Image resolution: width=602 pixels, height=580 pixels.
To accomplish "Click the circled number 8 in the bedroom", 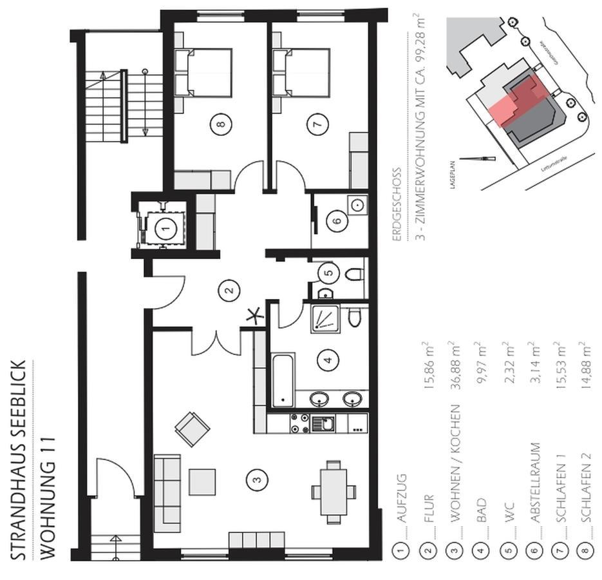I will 221,125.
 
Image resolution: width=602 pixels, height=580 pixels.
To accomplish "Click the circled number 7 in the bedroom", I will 314,125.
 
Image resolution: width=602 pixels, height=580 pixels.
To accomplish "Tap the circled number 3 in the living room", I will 257,478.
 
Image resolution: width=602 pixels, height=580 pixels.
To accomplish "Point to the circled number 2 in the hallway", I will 227,291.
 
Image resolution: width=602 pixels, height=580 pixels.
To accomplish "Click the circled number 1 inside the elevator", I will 165,227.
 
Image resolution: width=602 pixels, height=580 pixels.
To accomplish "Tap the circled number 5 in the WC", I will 329,273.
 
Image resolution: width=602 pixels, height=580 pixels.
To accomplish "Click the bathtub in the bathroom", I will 283,380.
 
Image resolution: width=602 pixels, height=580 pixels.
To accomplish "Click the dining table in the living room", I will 334,492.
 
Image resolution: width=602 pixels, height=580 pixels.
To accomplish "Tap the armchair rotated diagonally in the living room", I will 192,428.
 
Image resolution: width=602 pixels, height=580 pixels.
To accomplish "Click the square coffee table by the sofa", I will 202,481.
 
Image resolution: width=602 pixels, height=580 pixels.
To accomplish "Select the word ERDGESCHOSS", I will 397,204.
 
